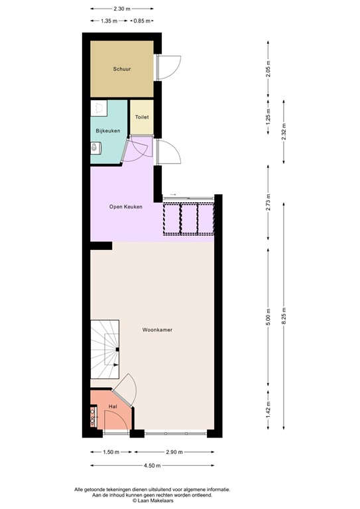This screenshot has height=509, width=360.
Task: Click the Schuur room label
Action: (x=121, y=68)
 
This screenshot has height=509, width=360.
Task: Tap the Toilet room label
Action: (x=141, y=117)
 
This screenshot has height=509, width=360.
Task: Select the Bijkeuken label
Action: (x=107, y=131)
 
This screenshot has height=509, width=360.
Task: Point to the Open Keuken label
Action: (x=126, y=207)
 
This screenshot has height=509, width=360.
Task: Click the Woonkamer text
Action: (x=157, y=329)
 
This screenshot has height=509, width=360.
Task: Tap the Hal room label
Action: (x=113, y=406)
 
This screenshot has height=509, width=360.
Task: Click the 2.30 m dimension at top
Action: (x=121, y=9)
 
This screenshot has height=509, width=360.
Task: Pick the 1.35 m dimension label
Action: (x=109, y=21)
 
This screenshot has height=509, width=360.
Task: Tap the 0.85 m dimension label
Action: (x=141, y=21)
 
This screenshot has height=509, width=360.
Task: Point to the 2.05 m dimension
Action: (x=268, y=69)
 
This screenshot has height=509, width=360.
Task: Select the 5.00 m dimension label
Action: (x=268, y=318)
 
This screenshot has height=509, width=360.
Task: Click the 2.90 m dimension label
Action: (x=174, y=452)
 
